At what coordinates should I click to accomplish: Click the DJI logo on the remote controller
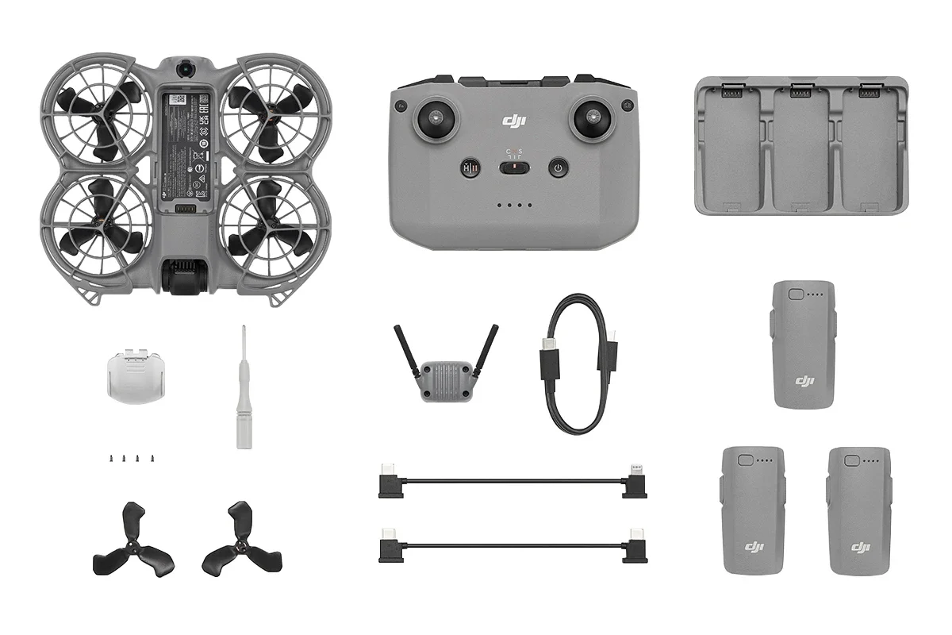tap(515, 121)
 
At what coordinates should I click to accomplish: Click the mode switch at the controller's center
tap(514, 167)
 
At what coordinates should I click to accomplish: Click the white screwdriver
tap(244, 389)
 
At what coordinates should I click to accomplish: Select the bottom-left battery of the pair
tap(753, 510)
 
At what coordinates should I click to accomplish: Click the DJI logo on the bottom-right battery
tap(861, 547)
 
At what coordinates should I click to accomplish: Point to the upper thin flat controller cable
tap(512, 481)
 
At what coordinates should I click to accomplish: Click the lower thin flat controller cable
tap(512, 545)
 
